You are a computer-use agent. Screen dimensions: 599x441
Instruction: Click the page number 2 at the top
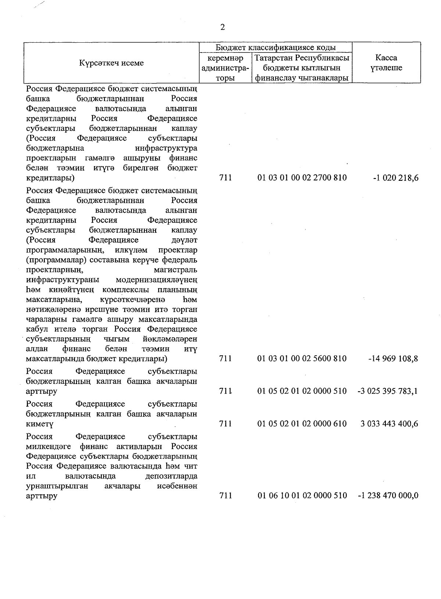tap(222, 27)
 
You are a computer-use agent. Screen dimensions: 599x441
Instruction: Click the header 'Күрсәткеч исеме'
tap(111, 63)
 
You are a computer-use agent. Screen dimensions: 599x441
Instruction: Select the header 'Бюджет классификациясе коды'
tap(275, 48)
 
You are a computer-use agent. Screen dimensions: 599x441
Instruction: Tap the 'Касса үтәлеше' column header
tap(386, 63)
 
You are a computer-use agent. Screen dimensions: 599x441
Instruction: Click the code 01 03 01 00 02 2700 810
tap(302, 178)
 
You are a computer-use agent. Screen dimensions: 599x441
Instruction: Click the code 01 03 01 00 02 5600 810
tap(302, 358)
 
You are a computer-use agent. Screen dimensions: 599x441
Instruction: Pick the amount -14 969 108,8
tap(393, 358)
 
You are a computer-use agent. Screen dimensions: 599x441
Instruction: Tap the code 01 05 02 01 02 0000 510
tap(302, 391)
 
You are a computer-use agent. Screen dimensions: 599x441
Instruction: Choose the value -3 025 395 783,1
tap(387, 391)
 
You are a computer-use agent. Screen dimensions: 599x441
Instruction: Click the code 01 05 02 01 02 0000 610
tap(302, 424)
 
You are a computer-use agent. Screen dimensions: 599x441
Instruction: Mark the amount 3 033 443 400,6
tap(389, 424)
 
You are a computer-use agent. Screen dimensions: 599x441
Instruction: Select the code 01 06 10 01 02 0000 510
tap(302, 495)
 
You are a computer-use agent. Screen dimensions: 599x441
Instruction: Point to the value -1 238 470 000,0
tap(388, 495)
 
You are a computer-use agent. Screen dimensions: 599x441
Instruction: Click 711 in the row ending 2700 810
tap(225, 178)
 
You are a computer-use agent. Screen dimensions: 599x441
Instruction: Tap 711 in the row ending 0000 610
tap(225, 424)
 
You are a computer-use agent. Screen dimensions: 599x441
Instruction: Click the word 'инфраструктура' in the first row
tap(166, 148)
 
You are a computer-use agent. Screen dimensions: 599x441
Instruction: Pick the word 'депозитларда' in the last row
tap(171, 476)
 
